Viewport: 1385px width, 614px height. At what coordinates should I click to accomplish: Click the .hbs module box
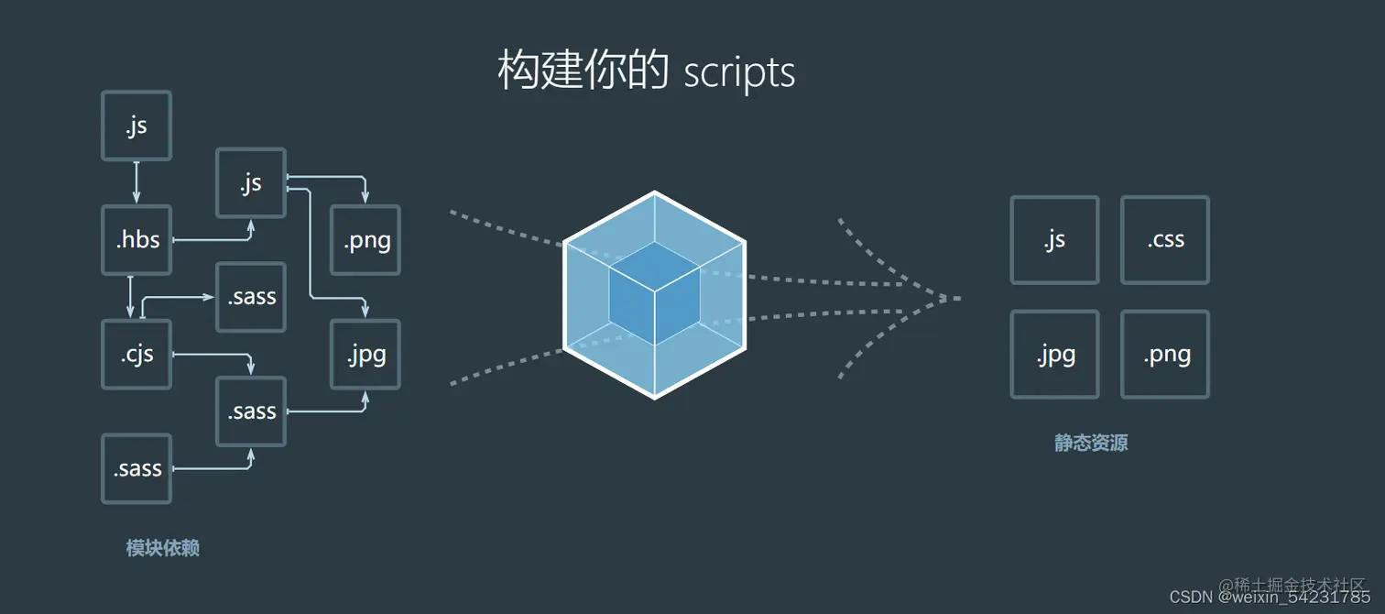tap(136, 240)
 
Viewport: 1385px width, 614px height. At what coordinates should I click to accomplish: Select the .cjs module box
tap(136, 354)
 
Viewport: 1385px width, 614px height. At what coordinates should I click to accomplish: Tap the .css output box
tap(1165, 240)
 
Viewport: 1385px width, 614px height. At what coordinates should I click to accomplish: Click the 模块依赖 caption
tap(162, 549)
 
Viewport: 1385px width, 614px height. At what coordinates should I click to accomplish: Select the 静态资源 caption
tap(1091, 444)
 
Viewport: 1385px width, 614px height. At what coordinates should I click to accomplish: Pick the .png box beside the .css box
tap(1165, 355)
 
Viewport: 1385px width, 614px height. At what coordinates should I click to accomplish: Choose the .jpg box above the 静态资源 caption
tap(1054, 355)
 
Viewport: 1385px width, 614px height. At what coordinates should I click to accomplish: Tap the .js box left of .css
tap(1054, 240)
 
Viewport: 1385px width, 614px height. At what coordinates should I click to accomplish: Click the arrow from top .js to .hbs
tap(136, 182)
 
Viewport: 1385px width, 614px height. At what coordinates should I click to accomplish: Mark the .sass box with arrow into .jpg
tap(251, 411)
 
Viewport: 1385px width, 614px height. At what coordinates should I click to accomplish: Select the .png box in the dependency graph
tap(365, 240)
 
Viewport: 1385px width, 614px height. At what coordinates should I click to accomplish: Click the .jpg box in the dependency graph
tap(365, 354)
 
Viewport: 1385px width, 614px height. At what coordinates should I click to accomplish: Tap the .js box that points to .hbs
tap(136, 126)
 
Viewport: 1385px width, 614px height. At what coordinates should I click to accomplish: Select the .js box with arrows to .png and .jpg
tap(251, 183)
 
